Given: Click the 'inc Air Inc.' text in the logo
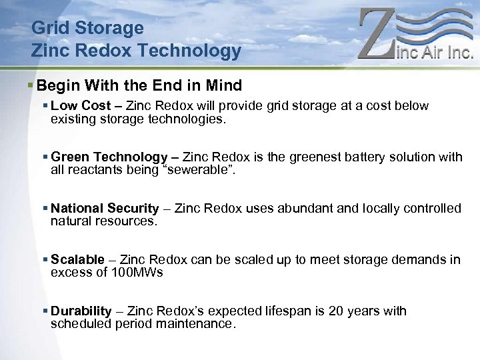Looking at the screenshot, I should tap(435, 51).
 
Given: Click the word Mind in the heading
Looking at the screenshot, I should tap(225, 86).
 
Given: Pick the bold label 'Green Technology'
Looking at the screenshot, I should tap(109, 157).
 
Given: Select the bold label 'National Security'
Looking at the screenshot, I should tap(105, 209).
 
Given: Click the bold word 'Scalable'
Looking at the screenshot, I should tap(77, 260).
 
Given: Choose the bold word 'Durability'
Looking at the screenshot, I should tap(81, 311).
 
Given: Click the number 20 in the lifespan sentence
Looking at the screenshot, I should tap(355, 311).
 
